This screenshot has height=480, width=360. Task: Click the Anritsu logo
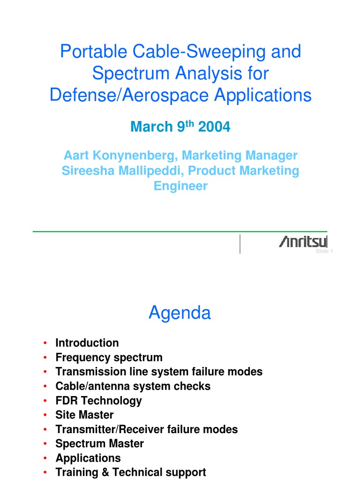303,242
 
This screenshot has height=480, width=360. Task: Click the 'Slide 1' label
323,252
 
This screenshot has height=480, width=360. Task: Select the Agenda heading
180,313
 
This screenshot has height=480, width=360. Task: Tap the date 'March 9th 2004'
180,127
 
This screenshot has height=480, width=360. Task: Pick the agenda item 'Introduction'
87,343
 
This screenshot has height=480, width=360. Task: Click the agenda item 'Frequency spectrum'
109,358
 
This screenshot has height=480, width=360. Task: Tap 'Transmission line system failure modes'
158,372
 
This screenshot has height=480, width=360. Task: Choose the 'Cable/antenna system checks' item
133,386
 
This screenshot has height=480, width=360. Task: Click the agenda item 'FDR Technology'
98,401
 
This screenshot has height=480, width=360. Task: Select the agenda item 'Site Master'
84,415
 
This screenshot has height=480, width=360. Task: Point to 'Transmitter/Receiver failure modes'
146,429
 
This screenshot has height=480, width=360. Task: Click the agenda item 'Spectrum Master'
99,443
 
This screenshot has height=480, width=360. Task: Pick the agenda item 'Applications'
88,458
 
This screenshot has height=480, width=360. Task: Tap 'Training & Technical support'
130,472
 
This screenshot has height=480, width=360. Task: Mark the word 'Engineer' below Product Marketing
180,186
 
